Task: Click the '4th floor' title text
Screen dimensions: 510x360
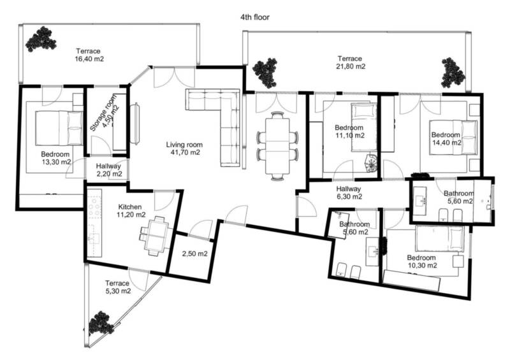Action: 254,17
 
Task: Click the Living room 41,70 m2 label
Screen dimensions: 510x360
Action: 184,148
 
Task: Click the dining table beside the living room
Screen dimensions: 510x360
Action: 277,146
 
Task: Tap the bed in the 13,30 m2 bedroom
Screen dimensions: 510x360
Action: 59,128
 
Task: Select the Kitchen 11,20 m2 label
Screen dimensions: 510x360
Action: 131,211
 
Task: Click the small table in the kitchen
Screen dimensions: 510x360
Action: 156,236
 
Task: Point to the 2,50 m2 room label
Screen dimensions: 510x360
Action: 194,254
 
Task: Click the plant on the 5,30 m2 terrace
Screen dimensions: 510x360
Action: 101,323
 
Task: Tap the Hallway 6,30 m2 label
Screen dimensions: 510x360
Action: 349,192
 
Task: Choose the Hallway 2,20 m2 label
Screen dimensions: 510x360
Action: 108,170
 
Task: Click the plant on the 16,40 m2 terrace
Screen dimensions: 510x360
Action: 41,40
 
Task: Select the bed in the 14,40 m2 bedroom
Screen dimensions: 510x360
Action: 453,137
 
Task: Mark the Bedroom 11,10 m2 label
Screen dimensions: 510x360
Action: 349,131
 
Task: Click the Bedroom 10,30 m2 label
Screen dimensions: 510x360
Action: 422,261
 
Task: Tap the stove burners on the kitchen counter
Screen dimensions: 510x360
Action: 95,206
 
